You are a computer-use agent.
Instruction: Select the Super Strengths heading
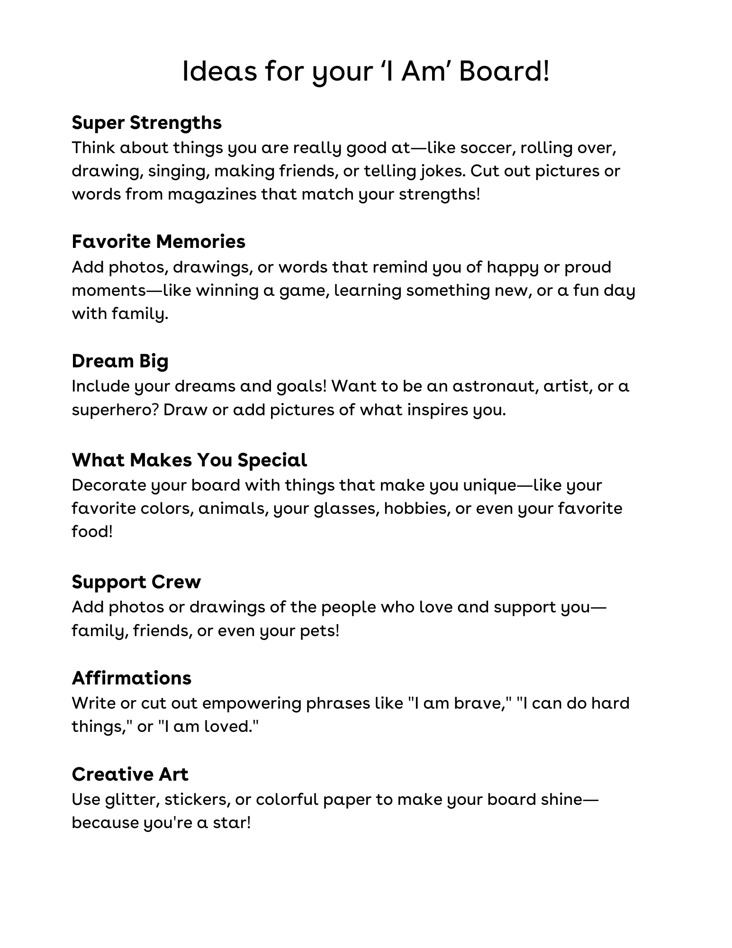[x=146, y=123]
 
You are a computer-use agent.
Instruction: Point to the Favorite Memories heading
[x=158, y=242]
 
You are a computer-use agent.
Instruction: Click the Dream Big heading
[x=120, y=361]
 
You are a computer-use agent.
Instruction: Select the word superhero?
[x=115, y=410]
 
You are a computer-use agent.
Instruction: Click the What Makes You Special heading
[x=189, y=460]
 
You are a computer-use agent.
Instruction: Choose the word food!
[x=92, y=531]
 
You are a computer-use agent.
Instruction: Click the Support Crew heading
[x=136, y=582]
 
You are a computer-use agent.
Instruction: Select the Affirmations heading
[x=131, y=678]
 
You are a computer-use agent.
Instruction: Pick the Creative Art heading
[x=130, y=775]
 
